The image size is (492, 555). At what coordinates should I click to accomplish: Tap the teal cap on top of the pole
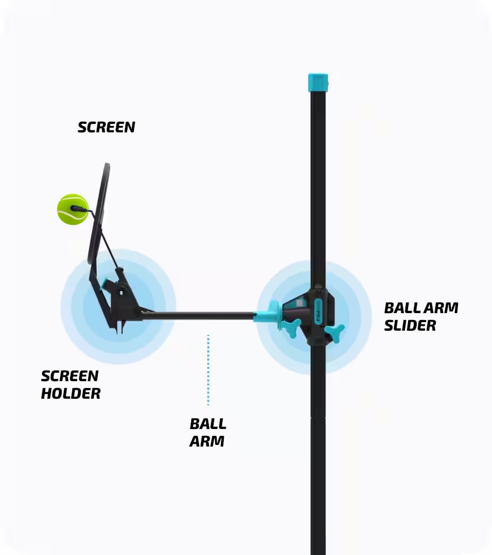point(318,82)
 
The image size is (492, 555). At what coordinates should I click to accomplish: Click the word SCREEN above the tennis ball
point(106,128)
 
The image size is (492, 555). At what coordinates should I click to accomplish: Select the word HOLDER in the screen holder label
point(71,394)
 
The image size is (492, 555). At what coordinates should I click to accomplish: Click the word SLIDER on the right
point(410,326)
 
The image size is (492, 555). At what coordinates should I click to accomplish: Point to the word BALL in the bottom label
point(208,424)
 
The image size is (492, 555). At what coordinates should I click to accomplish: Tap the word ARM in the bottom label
point(207,441)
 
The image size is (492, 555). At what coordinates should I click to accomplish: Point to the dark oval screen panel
point(99,213)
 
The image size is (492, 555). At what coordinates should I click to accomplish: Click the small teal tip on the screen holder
point(104,285)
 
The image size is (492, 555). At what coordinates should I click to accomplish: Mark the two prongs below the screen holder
point(120,326)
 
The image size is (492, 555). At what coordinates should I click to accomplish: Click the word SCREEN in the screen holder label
point(70,376)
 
